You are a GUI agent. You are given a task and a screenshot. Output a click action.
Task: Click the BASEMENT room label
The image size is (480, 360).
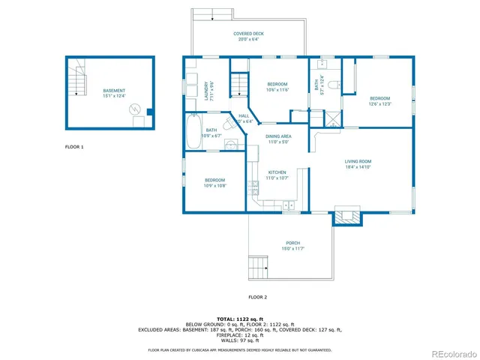pos(114,91)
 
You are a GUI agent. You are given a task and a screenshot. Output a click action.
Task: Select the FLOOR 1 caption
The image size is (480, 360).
pos(74,147)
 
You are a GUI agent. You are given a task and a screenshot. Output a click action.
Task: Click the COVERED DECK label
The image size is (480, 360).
pos(248,34)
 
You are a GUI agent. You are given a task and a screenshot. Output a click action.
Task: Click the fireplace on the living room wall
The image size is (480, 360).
pos(347,217)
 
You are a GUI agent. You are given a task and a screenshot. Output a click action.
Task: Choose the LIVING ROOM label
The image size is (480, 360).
pos(358,161)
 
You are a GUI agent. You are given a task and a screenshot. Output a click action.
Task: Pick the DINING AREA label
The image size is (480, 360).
pos(278,136)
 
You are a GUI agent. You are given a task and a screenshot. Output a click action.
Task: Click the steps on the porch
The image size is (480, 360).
pos(257,265)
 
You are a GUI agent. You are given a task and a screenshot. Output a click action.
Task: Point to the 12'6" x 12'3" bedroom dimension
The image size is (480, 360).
pos(379,104)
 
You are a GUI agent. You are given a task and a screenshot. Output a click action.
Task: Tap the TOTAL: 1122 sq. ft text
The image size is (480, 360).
pos(240,319)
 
